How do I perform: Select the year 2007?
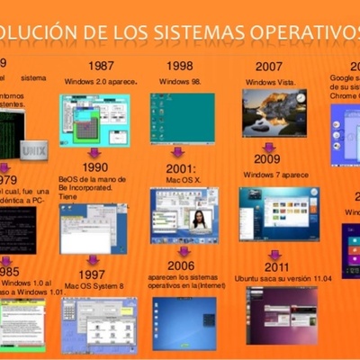[x=268, y=67]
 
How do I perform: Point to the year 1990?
[x=94, y=166]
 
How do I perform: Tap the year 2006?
[x=180, y=265]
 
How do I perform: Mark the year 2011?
[x=277, y=266]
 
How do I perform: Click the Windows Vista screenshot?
[x=274, y=112]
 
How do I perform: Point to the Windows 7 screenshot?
[x=277, y=212]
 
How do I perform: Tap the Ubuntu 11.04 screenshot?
[x=282, y=315]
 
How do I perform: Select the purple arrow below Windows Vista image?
[x=268, y=146]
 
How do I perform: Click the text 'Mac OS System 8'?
[x=94, y=286]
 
